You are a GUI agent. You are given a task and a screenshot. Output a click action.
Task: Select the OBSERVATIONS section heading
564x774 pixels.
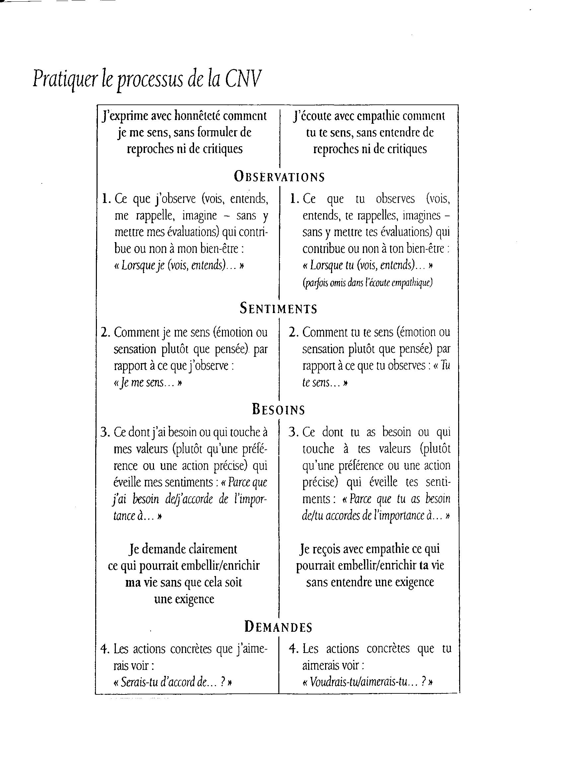[279, 176]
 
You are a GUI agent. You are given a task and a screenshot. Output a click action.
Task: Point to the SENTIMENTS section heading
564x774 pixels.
[278, 308]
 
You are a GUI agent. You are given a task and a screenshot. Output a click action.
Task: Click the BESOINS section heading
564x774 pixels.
[278, 409]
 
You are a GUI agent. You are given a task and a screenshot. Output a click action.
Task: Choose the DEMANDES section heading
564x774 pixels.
[278, 627]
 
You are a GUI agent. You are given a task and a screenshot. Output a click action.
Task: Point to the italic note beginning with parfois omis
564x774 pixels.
[368, 283]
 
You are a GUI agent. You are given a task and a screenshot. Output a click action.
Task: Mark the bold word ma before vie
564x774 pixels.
[133, 582]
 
